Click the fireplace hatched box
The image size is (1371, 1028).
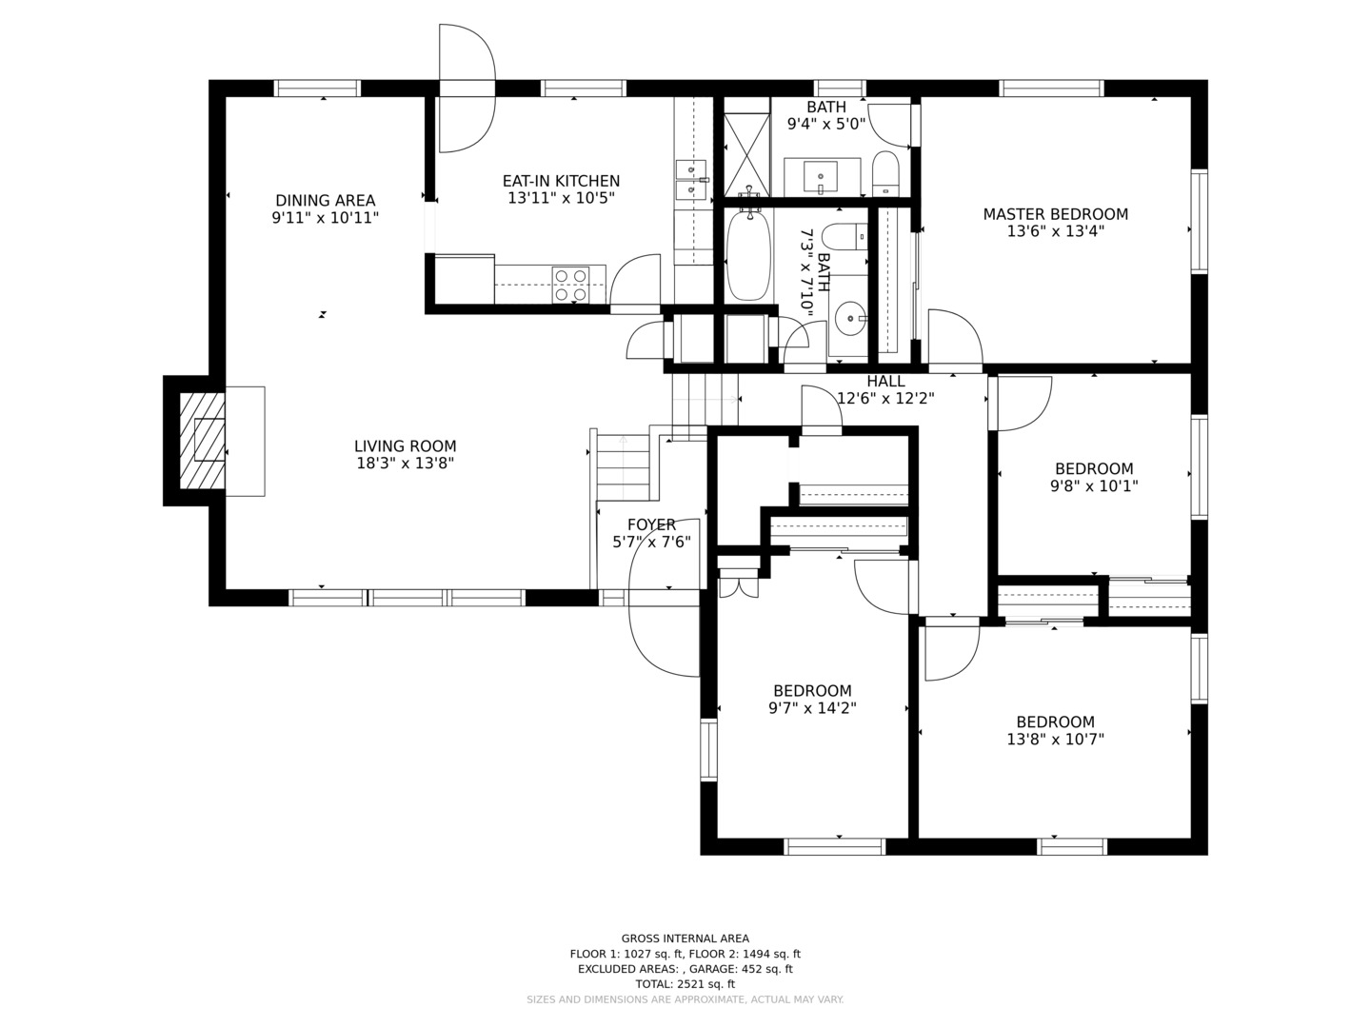202,441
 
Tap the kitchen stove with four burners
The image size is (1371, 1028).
571,285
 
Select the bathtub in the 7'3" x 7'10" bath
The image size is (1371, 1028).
748,256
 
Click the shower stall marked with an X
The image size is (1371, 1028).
747,155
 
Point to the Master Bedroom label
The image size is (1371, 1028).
1056,214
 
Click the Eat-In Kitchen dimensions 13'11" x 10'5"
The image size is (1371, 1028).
562,198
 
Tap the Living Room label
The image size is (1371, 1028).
406,446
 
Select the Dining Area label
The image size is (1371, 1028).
326,200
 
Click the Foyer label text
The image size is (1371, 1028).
651,524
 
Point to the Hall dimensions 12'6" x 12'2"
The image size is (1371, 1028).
885,398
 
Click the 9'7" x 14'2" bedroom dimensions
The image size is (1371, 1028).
813,708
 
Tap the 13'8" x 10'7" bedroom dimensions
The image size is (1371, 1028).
1056,739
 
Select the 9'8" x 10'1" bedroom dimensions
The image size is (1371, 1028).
1094,485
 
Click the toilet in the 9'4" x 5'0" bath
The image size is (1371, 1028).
885,173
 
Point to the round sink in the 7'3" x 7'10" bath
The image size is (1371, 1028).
851,318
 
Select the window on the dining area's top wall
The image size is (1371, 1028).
317,88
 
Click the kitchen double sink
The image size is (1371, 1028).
691,180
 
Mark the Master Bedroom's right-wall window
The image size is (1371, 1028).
1200,221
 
